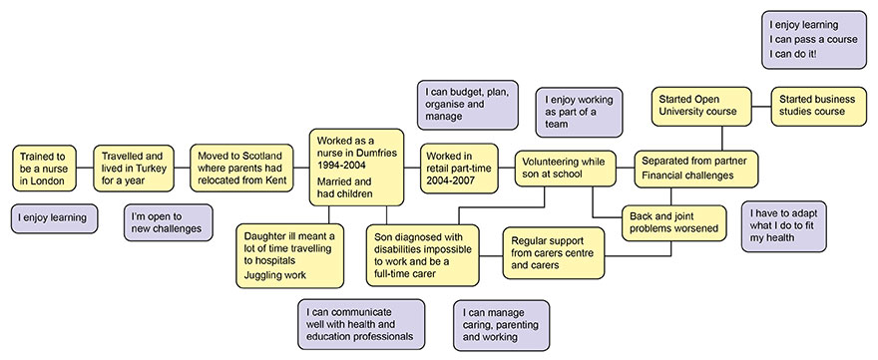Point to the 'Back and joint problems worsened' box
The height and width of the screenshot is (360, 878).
(x=673, y=222)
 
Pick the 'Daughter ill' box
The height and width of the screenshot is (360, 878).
(x=287, y=255)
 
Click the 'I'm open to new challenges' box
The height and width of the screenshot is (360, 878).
(x=168, y=222)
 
